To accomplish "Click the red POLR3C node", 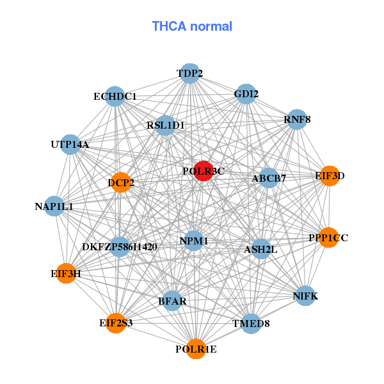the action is pyautogui.click(x=204, y=171).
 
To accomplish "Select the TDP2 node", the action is pyautogui.click(x=190, y=74).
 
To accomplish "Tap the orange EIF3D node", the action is pyautogui.click(x=330, y=176).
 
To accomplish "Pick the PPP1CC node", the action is pyautogui.click(x=328, y=237).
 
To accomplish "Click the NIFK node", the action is pyautogui.click(x=305, y=296).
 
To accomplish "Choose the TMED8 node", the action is pyautogui.click(x=251, y=323).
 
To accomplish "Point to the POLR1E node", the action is pyautogui.click(x=196, y=349).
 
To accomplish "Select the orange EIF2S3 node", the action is pyautogui.click(x=116, y=323).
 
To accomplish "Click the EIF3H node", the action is pyautogui.click(x=66, y=273).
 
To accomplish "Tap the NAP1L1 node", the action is pyautogui.click(x=54, y=206).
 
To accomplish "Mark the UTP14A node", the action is pyautogui.click(x=70, y=145).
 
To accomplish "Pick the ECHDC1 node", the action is pyautogui.click(x=115, y=96).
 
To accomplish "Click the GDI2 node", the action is pyautogui.click(x=246, y=94).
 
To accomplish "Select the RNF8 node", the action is pyautogui.click(x=297, y=119).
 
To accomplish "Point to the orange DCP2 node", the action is pyautogui.click(x=121, y=182).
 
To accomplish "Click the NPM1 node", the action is pyautogui.click(x=194, y=241).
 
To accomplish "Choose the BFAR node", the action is pyautogui.click(x=172, y=301).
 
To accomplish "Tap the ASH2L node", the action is pyautogui.click(x=261, y=249).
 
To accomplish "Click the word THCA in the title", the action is pyautogui.click(x=169, y=26).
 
